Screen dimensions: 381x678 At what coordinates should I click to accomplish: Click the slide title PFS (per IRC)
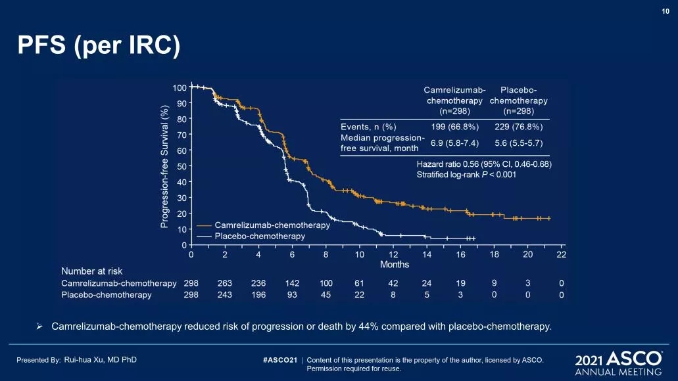tap(99, 47)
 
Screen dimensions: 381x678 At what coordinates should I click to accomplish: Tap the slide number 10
tap(666, 10)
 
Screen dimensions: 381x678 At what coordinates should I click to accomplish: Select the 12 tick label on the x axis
tap(393, 254)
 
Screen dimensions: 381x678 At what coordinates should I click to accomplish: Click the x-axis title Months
tap(395, 265)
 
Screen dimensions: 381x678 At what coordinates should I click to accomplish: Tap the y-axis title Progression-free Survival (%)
tap(164, 168)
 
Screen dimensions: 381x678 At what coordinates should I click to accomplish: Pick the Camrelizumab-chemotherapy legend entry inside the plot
tap(272, 225)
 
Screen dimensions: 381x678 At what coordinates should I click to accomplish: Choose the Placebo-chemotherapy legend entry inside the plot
tap(260, 236)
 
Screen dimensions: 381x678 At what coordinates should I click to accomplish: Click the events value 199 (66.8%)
tap(454, 126)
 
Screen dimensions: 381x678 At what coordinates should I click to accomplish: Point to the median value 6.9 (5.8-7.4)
tap(454, 143)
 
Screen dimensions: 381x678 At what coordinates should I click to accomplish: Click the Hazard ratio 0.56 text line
tap(483, 164)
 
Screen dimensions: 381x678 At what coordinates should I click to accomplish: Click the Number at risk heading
tap(92, 271)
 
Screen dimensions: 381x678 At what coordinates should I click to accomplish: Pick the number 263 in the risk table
tap(224, 283)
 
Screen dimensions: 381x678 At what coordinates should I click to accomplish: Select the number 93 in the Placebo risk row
tap(292, 295)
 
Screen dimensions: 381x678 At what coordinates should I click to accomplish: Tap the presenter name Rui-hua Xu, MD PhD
tap(100, 359)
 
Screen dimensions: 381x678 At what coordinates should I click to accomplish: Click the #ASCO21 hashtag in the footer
tap(279, 360)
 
